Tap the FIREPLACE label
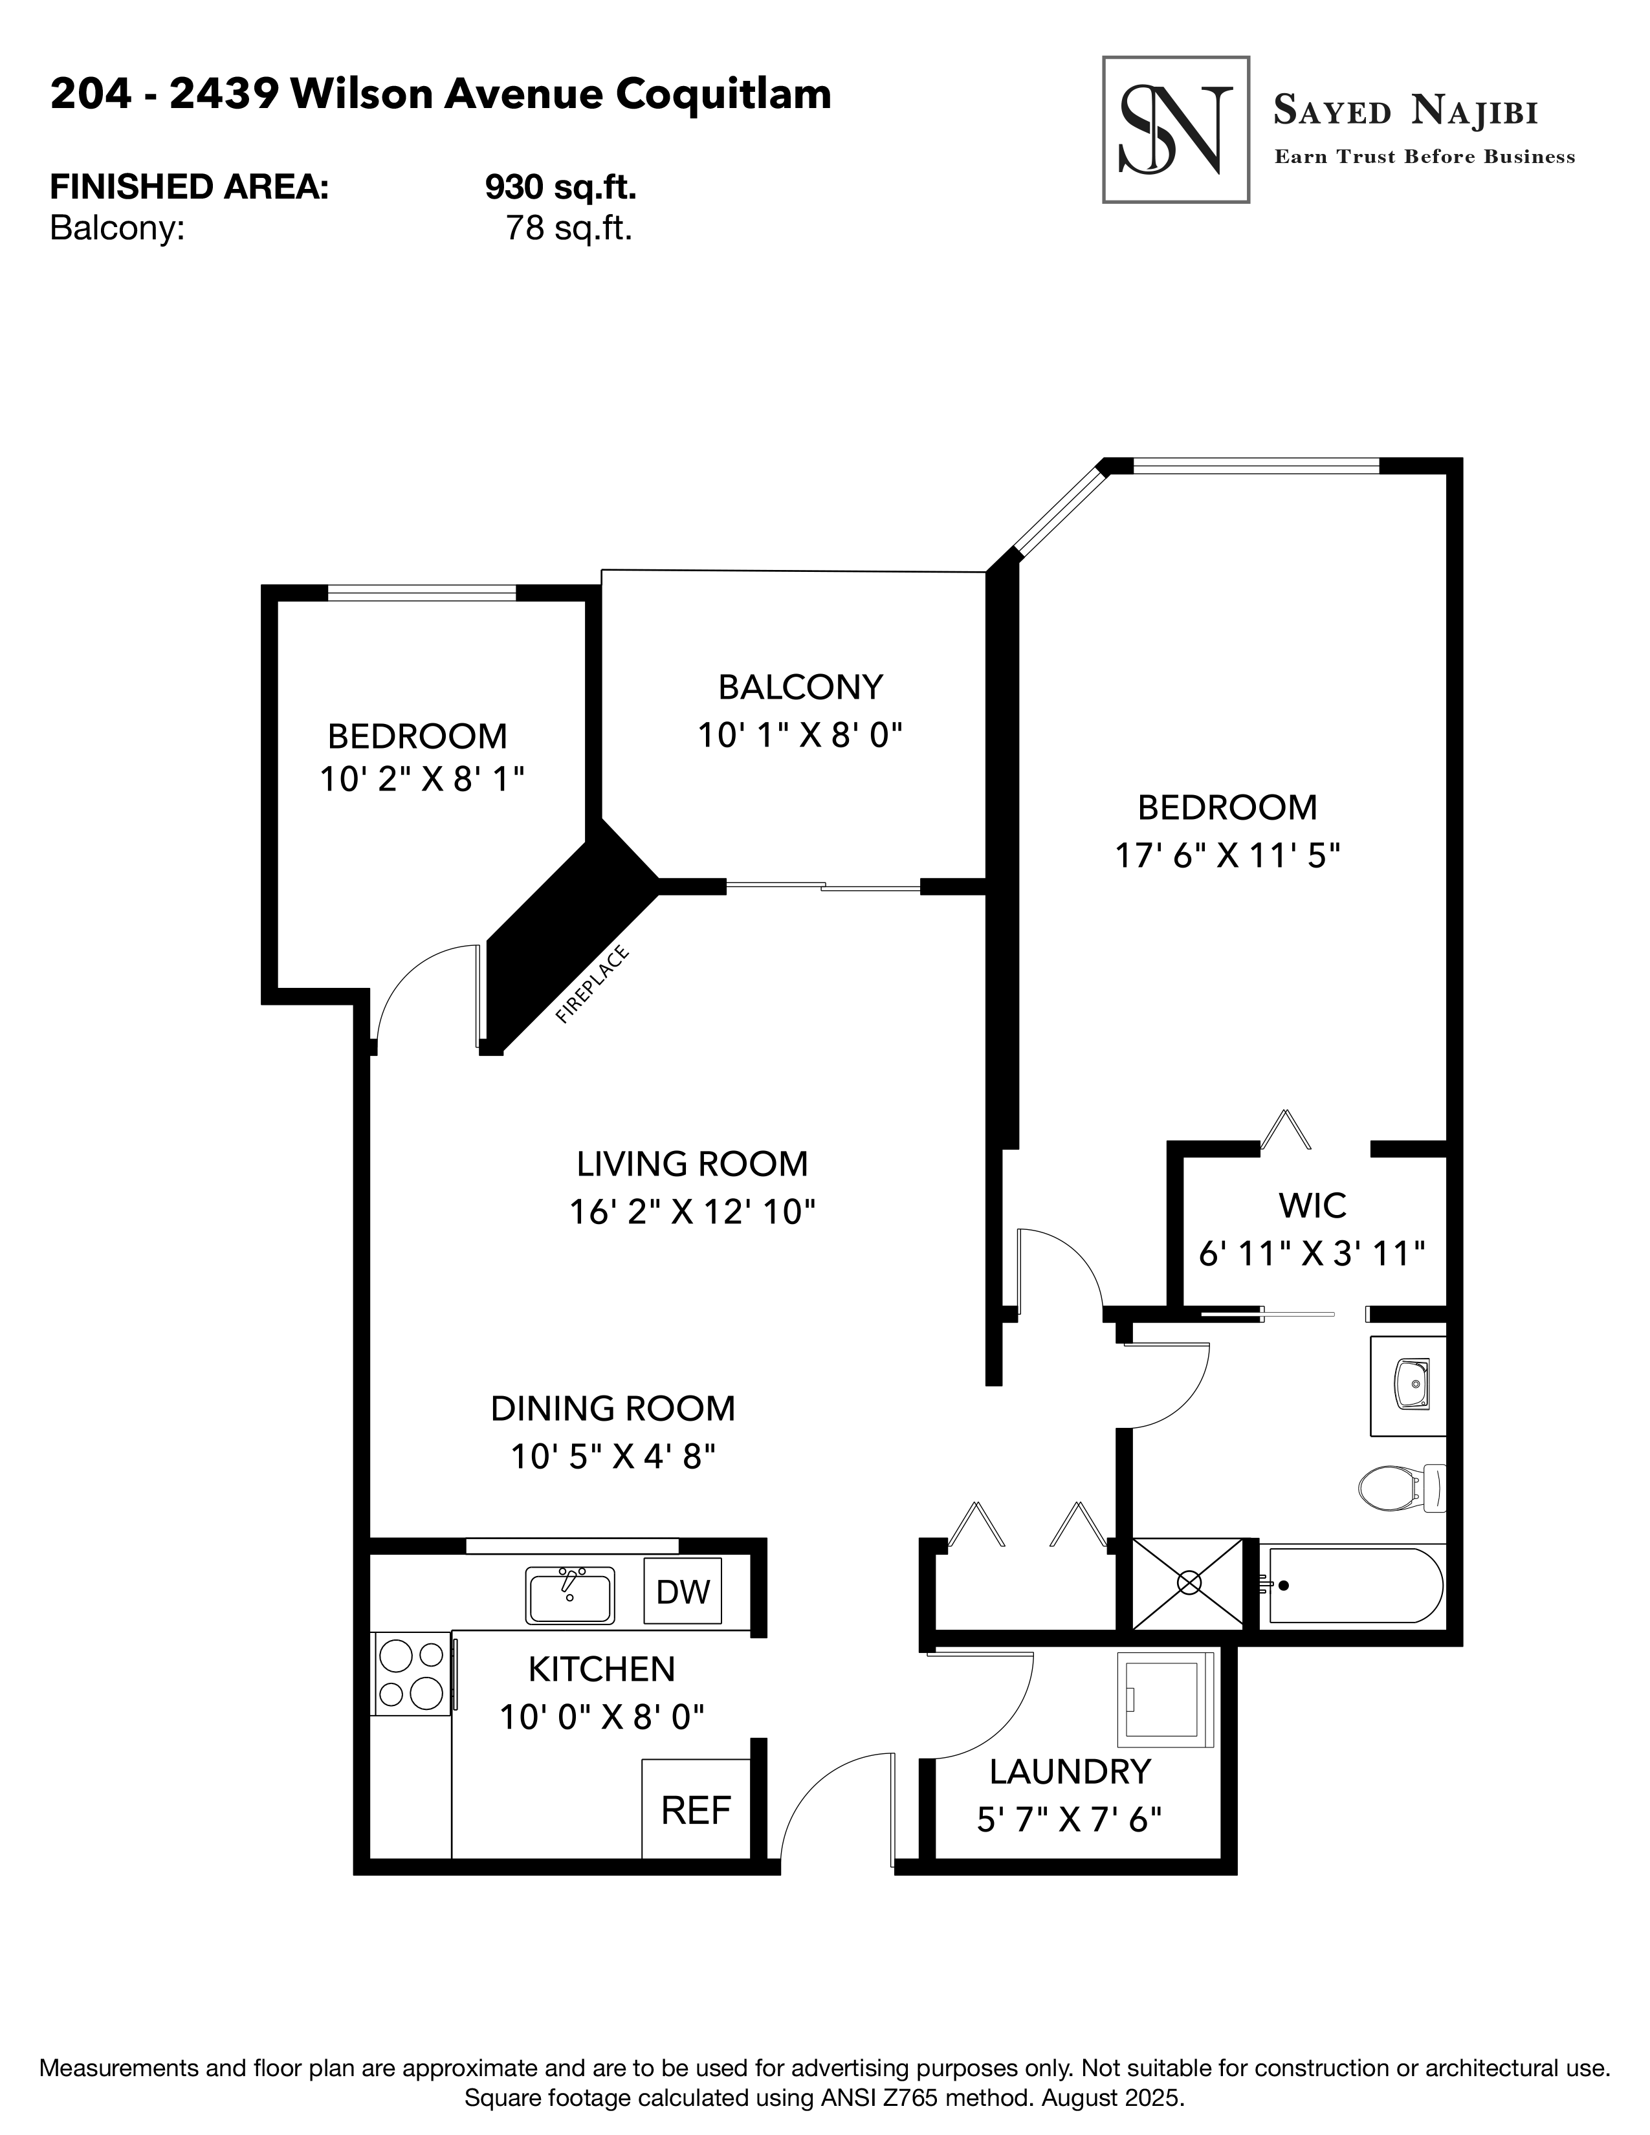point(591,985)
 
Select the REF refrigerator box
point(695,1810)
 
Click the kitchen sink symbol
point(570,1595)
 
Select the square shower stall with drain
point(1187,1582)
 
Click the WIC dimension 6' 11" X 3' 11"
point(1312,1253)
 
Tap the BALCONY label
point(800,687)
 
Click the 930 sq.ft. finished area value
point(560,186)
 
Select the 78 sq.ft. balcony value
point(568,229)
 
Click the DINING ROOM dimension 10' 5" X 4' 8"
point(613,1456)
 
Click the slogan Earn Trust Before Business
point(1424,157)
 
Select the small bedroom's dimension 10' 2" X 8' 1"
point(423,779)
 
